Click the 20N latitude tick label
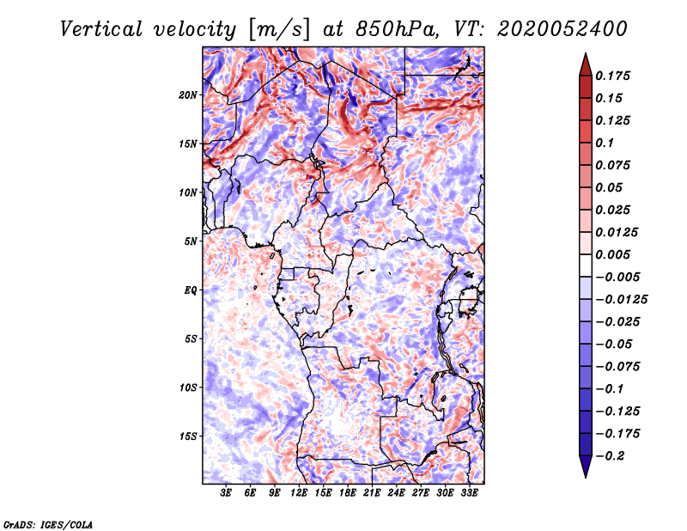(x=188, y=95)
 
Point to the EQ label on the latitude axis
(x=191, y=290)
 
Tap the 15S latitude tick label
(x=188, y=436)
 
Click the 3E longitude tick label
(x=227, y=494)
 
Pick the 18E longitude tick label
(x=348, y=494)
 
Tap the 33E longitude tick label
(x=469, y=494)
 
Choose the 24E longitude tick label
(x=396, y=494)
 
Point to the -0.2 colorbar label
(x=611, y=455)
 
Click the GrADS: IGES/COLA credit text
(x=47, y=522)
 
